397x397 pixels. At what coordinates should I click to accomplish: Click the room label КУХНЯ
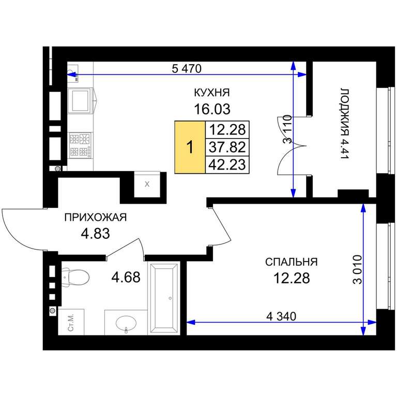pyautogui.click(x=211, y=93)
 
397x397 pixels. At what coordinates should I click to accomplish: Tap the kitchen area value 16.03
pyautogui.click(x=212, y=110)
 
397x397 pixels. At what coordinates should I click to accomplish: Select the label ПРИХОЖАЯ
pyautogui.click(x=96, y=218)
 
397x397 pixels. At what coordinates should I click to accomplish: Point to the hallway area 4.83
pyautogui.click(x=96, y=234)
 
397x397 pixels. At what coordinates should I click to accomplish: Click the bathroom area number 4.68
pyautogui.click(x=126, y=277)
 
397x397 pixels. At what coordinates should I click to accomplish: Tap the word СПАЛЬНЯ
pyautogui.click(x=292, y=262)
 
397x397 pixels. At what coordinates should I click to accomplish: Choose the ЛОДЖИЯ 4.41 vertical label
pyautogui.click(x=345, y=124)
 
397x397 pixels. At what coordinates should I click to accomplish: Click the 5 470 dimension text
pyautogui.click(x=187, y=69)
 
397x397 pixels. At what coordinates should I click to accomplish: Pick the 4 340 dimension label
pyautogui.click(x=281, y=316)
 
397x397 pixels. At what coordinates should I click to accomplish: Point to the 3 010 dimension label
pyautogui.click(x=358, y=270)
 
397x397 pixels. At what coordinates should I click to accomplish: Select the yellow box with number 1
pyautogui.click(x=190, y=147)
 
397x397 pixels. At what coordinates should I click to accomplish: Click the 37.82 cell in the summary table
pyautogui.click(x=227, y=147)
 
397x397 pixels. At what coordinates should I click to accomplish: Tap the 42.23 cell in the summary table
pyautogui.click(x=227, y=165)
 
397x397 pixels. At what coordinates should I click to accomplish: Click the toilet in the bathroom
pyautogui.click(x=75, y=278)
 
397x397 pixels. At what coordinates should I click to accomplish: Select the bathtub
pyautogui.click(x=164, y=298)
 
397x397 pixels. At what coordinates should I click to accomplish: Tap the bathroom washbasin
pyautogui.click(x=126, y=323)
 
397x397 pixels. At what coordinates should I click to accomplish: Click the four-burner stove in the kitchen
pyautogui.click(x=81, y=146)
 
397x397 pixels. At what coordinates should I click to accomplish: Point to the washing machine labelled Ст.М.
pyautogui.click(x=71, y=322)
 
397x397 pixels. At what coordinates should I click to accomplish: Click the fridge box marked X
pyautogui.click(x=147, y=185)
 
